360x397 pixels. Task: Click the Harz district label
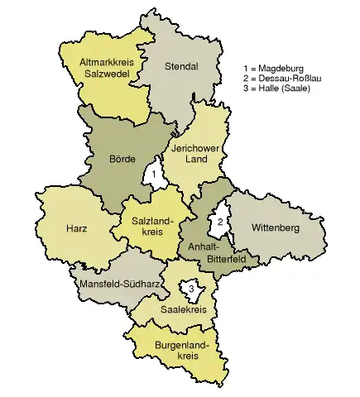coord(78,227)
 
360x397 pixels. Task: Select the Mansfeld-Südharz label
coord(118,285)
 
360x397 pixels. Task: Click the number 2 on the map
coord(219,222)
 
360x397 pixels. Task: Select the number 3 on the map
coord(191,289)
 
